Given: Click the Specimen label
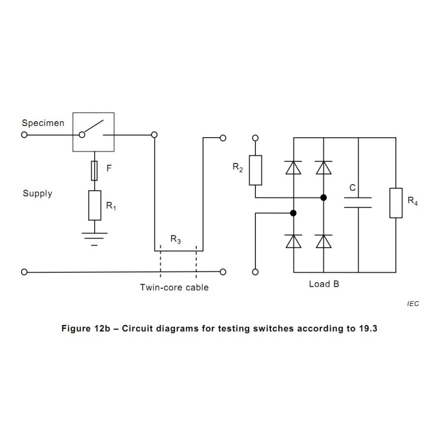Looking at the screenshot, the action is point(43,123).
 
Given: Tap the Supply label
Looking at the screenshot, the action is point(37,193).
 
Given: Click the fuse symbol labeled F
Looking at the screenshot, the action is point(94,171).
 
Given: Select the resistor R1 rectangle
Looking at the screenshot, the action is point(95,205).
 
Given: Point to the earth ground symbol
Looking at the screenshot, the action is point(94,239).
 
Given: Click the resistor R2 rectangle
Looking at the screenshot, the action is point(255,170).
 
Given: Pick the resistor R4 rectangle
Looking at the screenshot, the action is point(396,203).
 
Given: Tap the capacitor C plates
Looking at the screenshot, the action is point(358,202).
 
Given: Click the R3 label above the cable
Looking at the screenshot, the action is point(176,239).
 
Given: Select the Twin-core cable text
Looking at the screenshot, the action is point(174,287).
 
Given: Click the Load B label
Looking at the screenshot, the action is point(324,284).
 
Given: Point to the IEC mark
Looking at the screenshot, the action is point(413,304).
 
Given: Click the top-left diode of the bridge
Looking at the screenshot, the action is point(293,168).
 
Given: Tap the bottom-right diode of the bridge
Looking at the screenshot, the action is point(324,241).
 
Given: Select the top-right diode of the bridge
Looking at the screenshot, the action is point(324,168).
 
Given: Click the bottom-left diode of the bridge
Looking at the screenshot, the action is point(293,241).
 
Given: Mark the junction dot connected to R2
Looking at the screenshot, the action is point(323,197).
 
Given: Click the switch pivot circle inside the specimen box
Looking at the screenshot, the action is point(82,135).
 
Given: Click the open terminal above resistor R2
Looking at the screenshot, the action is point(255,138).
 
